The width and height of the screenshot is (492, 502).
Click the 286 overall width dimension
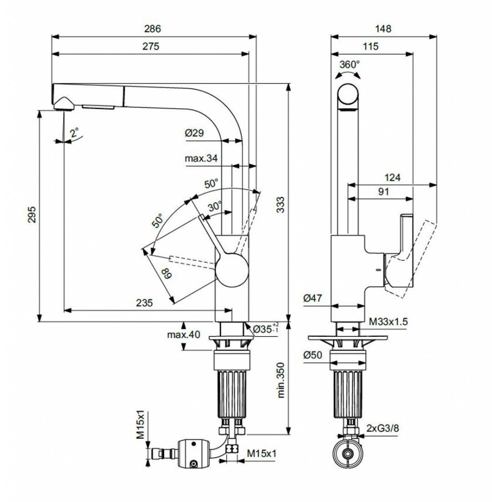click(154, 28)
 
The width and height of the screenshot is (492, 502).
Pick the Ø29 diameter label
click(194, 133)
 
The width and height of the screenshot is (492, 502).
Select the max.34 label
click(201, 158)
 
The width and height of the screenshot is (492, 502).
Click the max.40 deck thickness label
click(184, 335)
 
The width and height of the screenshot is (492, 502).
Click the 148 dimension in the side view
click(383, 28)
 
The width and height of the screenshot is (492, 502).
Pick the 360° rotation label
click(349, 64)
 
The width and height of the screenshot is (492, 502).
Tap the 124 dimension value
click(391, 177)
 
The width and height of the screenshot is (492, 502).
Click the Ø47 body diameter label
click(313, 297)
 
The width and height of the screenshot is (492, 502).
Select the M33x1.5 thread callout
click(388, 321)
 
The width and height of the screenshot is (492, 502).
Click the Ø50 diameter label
click(313, 356)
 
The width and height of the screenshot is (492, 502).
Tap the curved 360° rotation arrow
click(347, 74)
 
